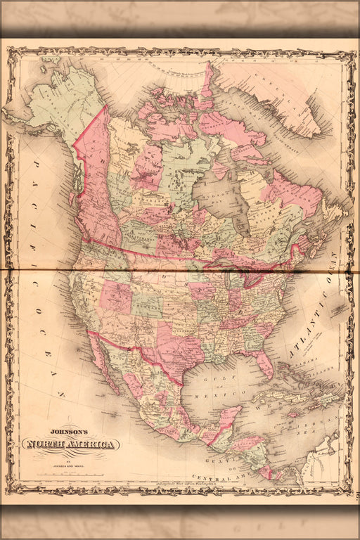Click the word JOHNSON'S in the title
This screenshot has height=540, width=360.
69,433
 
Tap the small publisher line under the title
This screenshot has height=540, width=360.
69,457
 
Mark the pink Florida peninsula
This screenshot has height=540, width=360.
265,364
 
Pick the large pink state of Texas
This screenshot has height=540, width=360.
172,345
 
